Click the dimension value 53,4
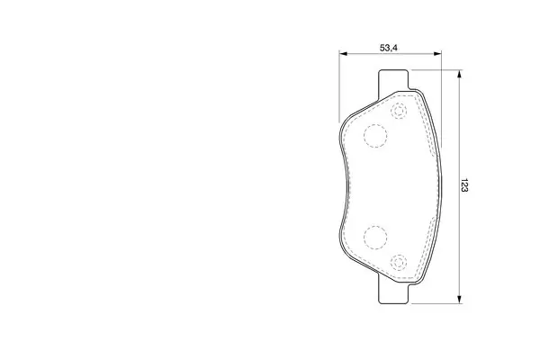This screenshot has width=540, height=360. coord(389,48)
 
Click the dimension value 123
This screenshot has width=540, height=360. coord(464,185)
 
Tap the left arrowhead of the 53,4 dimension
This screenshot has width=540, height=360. coord(343,53)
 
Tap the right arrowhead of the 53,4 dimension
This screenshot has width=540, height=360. coord(437,53)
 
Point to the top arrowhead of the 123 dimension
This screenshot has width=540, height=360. coord(459,74)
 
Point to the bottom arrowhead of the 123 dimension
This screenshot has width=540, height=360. coord(459,300)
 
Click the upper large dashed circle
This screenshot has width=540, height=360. coord(375,136)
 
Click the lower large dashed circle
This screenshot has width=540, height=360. coord(375,238)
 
